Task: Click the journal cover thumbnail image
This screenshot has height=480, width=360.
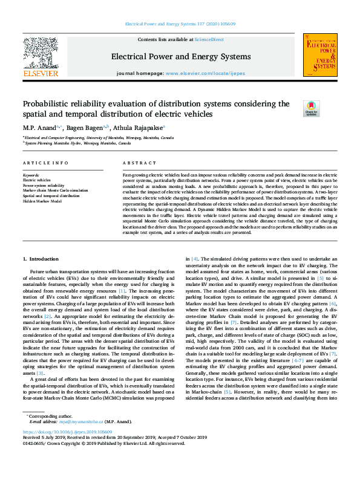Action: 321,55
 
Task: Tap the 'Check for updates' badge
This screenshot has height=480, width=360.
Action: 312,109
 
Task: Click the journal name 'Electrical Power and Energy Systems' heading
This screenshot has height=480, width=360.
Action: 180,57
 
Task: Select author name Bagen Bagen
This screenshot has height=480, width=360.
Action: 85,128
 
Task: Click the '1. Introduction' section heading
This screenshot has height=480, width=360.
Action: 41,258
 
